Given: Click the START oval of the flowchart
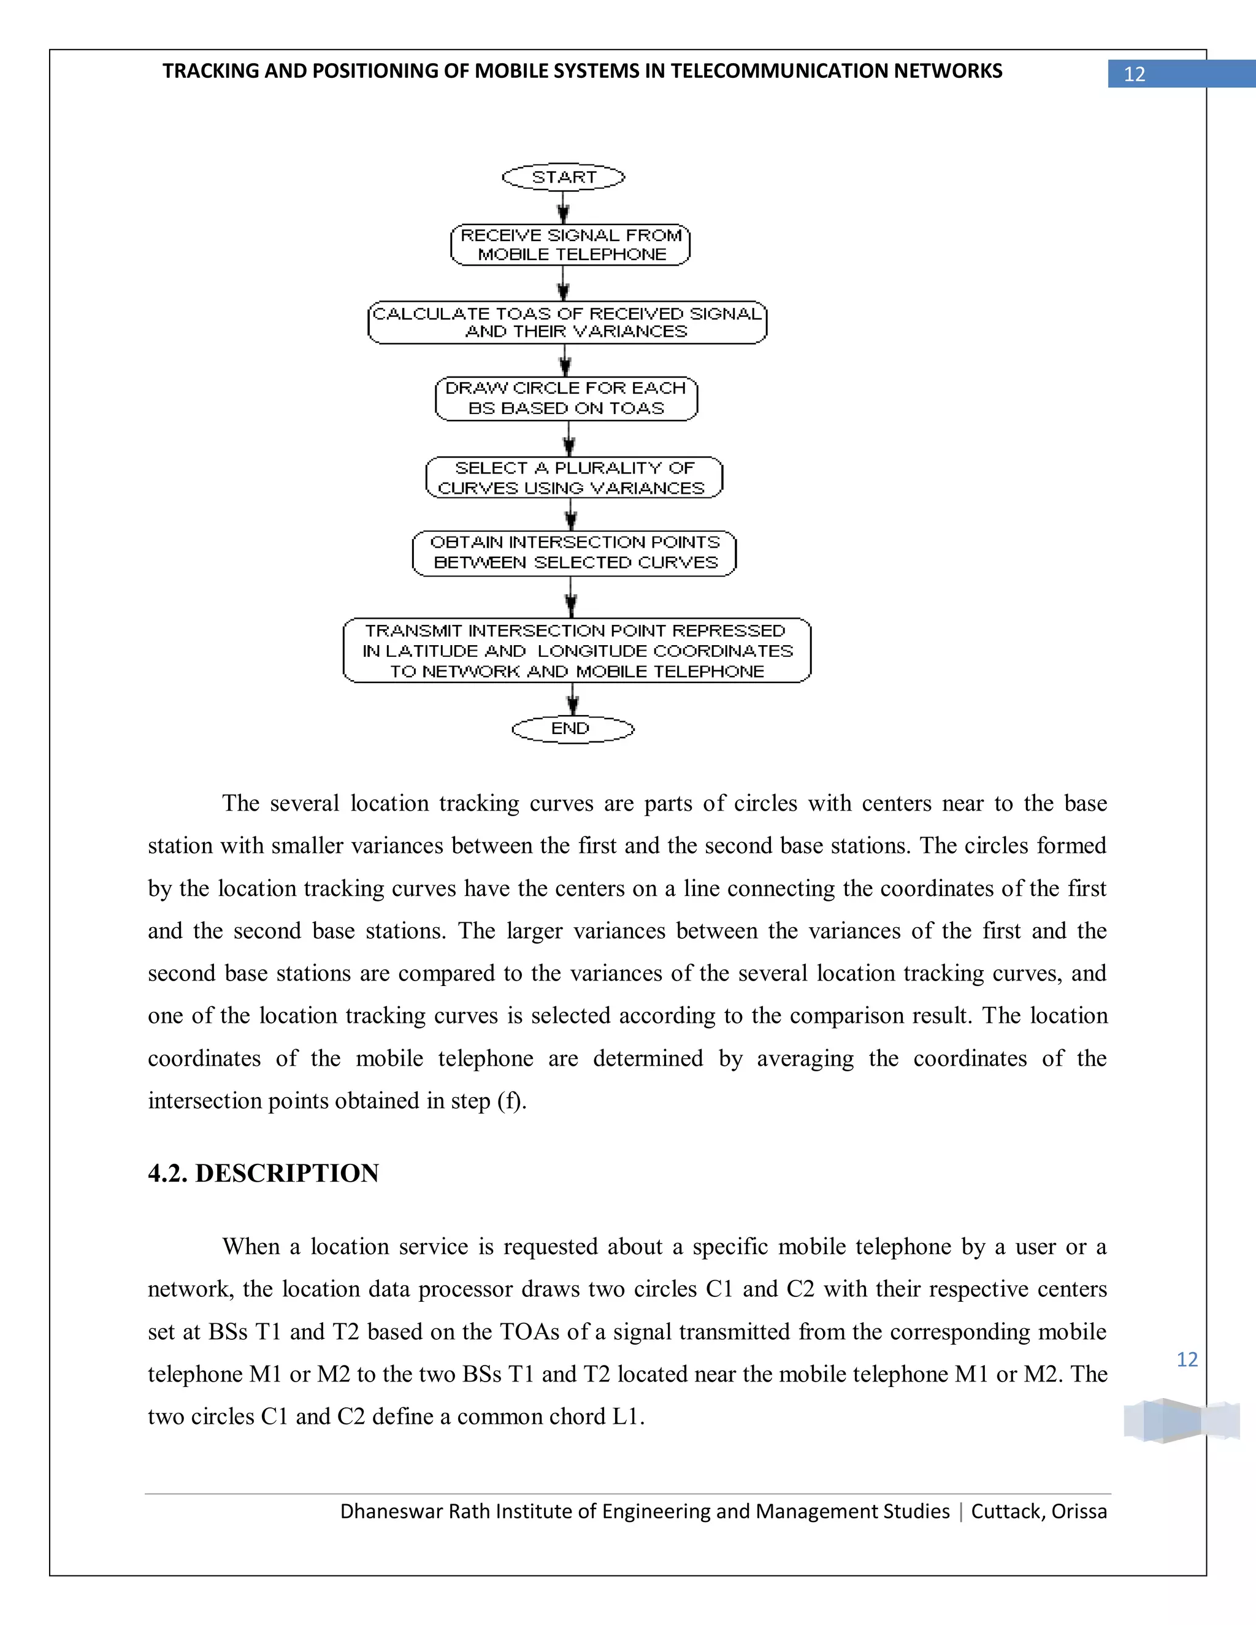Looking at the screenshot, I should point(563,177).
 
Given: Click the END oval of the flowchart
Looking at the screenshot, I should point(572,729).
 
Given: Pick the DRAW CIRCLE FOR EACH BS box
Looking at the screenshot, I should point(566,398).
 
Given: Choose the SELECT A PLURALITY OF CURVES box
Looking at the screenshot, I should point(573,478).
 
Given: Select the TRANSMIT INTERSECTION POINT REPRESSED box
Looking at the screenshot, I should point(576,650).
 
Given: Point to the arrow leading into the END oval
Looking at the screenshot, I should point(572,700).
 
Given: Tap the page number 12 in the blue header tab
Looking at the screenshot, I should point(1134,74).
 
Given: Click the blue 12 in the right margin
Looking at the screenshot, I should point(1187,1359).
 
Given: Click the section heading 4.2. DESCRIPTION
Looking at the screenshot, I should point(263,1172).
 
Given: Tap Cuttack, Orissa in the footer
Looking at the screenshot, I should point(1039,1511).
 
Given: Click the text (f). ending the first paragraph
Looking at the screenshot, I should point(512,1101).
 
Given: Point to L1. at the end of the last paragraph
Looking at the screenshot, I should point(627,1417).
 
